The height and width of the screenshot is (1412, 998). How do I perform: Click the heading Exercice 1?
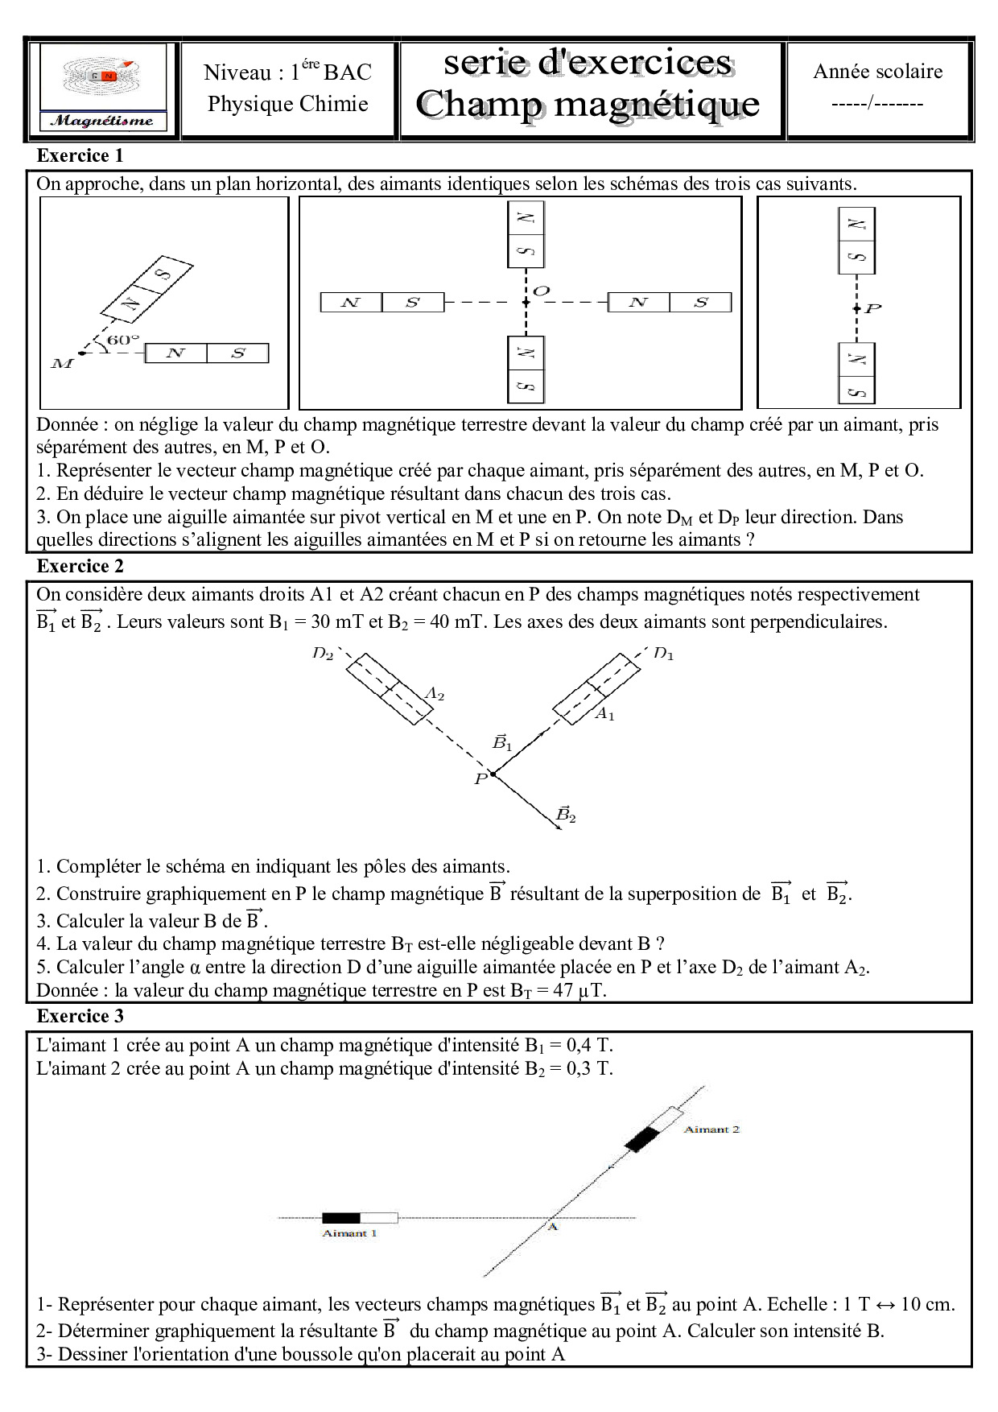[x=80, y=155]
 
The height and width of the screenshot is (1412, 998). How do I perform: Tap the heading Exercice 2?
[x=80, y=566]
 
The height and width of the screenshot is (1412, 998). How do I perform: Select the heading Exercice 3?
[x=80, y=1016]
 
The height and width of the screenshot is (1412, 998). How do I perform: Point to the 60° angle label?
[x=122, y=340]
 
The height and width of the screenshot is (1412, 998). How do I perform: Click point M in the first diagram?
[x=63, y=363]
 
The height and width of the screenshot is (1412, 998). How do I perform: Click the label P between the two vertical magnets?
[x=873, y=308]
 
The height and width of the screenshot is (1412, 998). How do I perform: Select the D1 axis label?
[x=663, y=653]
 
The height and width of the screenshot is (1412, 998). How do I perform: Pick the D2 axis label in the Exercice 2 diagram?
[x=323, y=653]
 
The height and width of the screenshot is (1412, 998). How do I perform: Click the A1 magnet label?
[x=604, y=713]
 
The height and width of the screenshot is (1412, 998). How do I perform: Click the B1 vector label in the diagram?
[x=502, y=742]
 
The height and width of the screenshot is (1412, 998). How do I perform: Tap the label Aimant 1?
[x=349, y=1233]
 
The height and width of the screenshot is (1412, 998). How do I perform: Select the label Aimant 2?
[x=711, y=1129]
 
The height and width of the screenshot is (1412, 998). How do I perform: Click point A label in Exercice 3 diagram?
[x=553, y=1227]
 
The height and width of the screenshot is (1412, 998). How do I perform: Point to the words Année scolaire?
[x=877, y=71]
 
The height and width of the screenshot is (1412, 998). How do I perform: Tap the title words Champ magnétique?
[x=588, y=105]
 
